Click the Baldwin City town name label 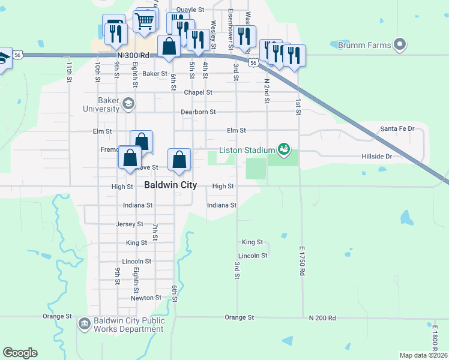[x=170, y=185]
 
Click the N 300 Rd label [x=133, y=55]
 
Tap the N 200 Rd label [x=322, y=317]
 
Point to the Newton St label [x=146, y=298]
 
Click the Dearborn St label [x=198, y=112]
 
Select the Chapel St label [x=198, y=92]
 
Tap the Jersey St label [x=130, y=224]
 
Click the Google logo [x=20, y=353]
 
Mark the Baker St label [x=155, y=74]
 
